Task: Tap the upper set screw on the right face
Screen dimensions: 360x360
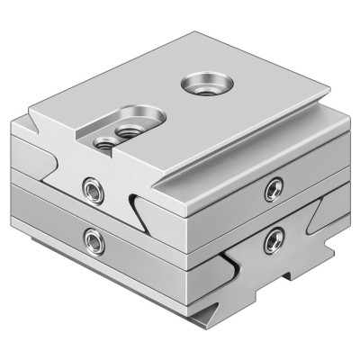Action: tap(274, 188)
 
